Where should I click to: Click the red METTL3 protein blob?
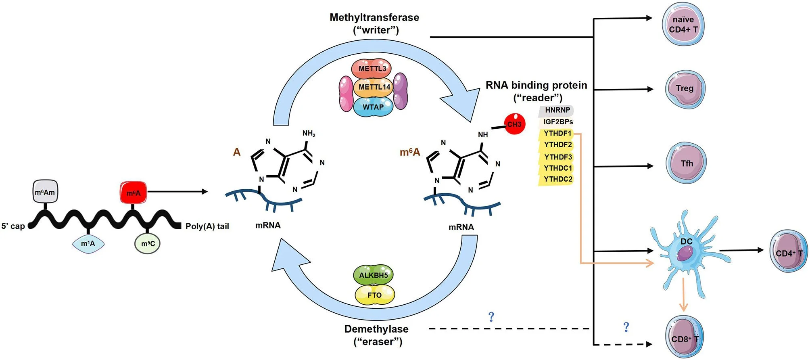[372, 69]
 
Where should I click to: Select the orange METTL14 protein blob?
[374, 87]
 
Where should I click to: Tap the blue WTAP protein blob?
[373, 107]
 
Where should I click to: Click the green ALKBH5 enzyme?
[373, 275]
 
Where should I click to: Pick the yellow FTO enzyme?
[374, 295]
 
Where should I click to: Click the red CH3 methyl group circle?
[514, 124]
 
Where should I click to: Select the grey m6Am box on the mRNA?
[45, 192]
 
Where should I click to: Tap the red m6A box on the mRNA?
[134, 193]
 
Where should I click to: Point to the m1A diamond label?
[88, 243]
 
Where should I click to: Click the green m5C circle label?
[148, 243]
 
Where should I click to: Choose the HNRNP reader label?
[557, 110]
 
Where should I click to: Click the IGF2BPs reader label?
[557, 122]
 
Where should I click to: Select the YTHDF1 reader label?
[557, 134]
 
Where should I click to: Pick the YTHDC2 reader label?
[557, 179]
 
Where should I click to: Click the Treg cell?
[685, 89]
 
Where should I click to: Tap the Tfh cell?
[686, 163]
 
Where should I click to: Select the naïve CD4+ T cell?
[683, 25]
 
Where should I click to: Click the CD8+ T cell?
[684, 337]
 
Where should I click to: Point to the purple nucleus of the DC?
[685, 254]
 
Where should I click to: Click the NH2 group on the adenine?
[309, 134]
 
